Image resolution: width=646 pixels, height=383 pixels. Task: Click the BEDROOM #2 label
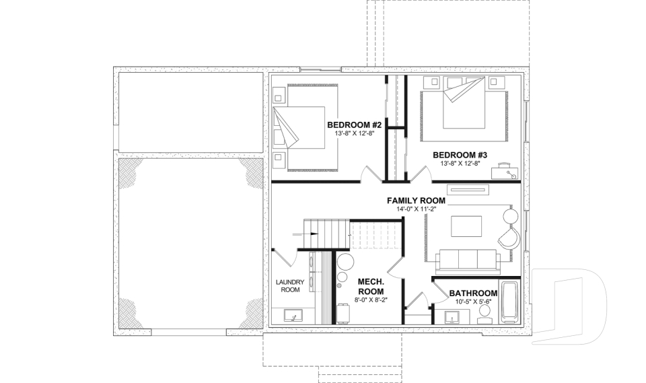click(x=355, y=125)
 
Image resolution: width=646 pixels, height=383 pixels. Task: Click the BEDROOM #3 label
click(x=464, y=155)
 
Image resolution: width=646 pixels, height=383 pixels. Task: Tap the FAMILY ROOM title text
click(x=416, y=201)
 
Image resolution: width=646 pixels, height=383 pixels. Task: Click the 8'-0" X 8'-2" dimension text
click(x=371, y=300)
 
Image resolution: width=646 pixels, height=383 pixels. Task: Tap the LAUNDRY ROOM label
click(x=290, y=285)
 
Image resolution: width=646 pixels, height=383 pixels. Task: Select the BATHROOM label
click(x=473, y=293)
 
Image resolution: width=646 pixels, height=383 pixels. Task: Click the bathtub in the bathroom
click(x=509, y=302)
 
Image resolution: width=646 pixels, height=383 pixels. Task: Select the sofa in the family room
click(x=467, y=259)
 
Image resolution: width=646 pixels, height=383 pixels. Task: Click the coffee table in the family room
click(x=466, y=225)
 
